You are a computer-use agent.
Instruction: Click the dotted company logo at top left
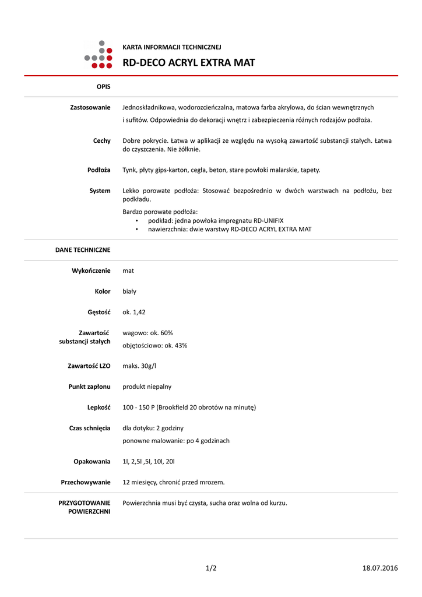pos(98,54)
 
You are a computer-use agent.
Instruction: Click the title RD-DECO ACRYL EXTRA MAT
pos(188,63)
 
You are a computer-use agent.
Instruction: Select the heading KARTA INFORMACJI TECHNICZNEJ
pos(171,47)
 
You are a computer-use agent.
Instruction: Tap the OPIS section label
pos(103,86)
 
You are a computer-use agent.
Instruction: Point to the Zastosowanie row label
pos(90,107)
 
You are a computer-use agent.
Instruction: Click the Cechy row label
pos(101,141)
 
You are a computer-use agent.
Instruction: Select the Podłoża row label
pos(99,170)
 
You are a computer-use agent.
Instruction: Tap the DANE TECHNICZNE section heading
pos(83,250)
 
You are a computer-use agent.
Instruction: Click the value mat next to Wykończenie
pos(128,271)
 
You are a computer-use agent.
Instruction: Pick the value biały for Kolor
pos(129,292)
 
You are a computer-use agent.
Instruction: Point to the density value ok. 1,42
pos(134,312)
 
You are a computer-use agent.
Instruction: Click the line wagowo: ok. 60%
pos(147,333)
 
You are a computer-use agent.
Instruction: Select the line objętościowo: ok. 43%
pos(154,346)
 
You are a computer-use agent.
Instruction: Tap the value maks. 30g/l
pos(139,366)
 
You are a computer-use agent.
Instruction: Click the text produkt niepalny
pos(147,387)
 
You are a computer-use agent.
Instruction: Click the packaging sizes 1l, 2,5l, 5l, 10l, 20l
pos(149,462)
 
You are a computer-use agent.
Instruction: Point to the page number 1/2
pos(211,568)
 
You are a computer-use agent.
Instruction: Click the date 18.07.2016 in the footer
pos(380,568)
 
